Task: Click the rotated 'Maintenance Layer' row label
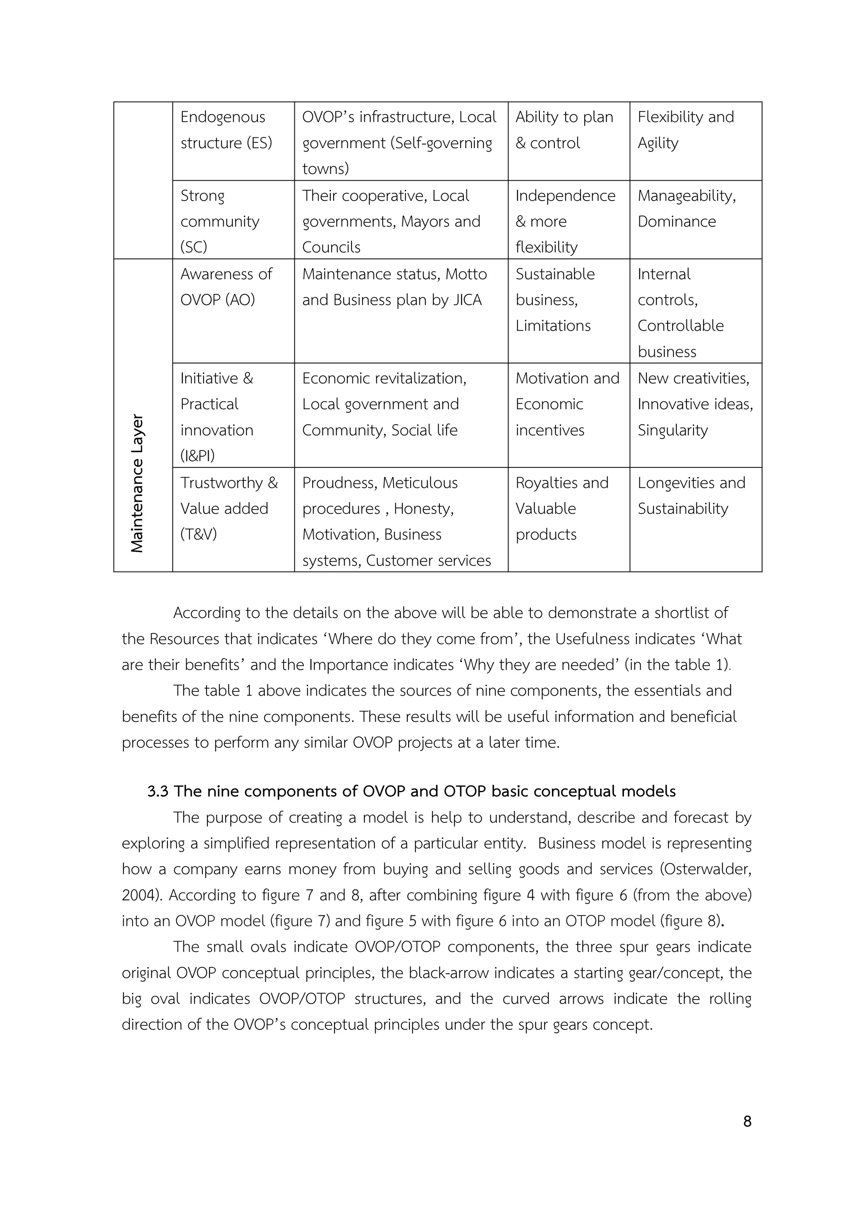click(137, 483)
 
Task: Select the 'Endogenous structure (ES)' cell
click(226, 130)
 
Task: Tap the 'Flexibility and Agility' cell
click(685, 130)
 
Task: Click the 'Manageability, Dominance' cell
click(686, 209)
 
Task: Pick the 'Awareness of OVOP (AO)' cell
click(226, 287)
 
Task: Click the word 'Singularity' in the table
click(672, 430)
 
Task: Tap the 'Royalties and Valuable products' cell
click(561, 508)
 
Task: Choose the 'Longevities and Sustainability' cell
click(691, 495)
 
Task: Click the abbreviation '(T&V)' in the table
click(199, 534)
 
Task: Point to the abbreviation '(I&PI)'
click(197, 456)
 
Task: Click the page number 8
click(747, 1121)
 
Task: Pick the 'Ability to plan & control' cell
click(564, 130)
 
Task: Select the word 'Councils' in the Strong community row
click(331, 247)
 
